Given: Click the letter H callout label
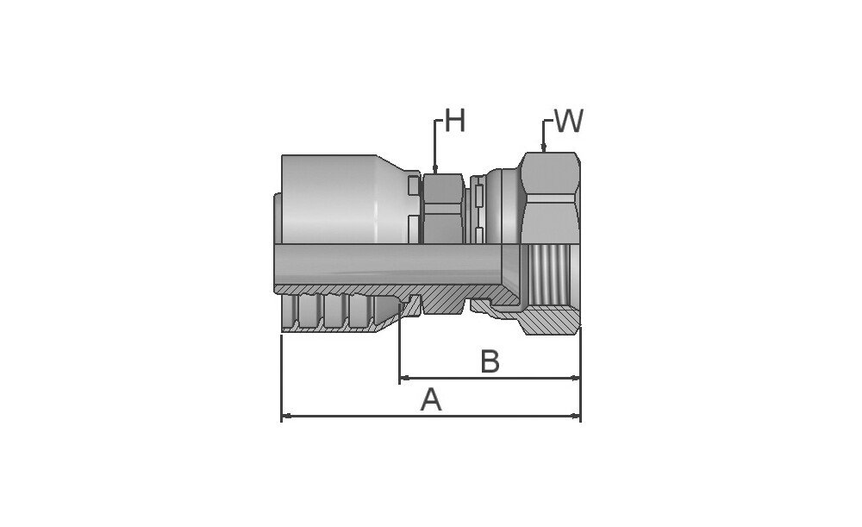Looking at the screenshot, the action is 454,121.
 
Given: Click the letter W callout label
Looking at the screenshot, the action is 568,121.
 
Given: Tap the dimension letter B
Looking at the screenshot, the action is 490,361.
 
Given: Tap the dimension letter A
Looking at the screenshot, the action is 431,399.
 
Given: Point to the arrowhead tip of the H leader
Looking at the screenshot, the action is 434,173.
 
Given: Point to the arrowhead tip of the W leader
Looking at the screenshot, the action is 543,152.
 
